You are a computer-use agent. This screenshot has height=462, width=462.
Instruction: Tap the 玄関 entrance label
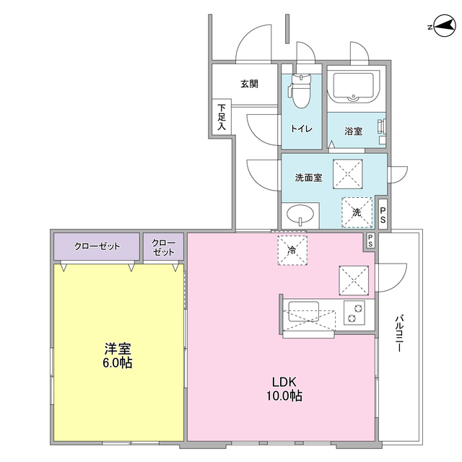click(x=249, y=84)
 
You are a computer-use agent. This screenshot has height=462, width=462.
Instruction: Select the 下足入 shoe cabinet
click(x=222, y=117)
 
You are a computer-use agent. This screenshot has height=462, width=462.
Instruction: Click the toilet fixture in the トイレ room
click(x=300, y=90)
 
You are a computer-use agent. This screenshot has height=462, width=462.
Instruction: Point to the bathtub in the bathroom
click(x=353, y=86)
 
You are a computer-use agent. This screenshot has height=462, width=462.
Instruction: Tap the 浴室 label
click(x=353, y=131)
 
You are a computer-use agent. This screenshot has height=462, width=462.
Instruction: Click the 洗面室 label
click(x=308, y=178)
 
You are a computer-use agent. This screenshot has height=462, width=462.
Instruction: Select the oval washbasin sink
click(x=300, y=214)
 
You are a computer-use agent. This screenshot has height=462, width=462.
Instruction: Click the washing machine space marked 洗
click(x=357, y=212)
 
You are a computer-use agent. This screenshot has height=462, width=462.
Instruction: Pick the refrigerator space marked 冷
click(x=292, y=250)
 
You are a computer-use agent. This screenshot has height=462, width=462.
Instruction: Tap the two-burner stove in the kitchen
click(x=354, y=313)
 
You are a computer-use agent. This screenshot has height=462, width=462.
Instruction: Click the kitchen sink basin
click(x=303, y=311)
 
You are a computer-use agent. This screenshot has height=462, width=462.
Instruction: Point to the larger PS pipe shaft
click(x=383, y=214)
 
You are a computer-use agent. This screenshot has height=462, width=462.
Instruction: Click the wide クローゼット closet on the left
click(x=97, y=246)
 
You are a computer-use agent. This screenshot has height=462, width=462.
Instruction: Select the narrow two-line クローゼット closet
click(x=164, y=246)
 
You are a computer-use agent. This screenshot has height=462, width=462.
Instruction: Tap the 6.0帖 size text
click(x=117, y=363)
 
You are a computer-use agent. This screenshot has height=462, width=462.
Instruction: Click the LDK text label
click(x=284, y=382)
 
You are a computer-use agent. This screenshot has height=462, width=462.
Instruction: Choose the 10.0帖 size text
click(x=284, y=396)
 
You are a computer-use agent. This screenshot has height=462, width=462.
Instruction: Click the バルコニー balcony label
click(x=399, y=334)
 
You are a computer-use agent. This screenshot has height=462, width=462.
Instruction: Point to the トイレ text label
click(x=302, y=128)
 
